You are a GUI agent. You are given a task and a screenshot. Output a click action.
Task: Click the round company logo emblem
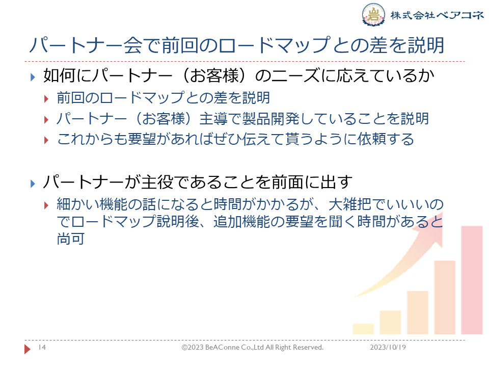pos(373,14)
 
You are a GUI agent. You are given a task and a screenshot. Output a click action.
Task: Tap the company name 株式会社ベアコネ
pos(437,15)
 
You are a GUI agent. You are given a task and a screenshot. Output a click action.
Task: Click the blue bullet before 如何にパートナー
pos(33,77)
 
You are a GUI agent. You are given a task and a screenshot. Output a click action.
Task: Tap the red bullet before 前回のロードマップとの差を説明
pos(46,99)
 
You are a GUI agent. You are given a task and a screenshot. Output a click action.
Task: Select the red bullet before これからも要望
pos(46,140)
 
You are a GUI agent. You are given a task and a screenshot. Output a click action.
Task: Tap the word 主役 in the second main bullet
pos(157,182)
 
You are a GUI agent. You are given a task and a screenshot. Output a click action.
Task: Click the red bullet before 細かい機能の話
pos(46,205)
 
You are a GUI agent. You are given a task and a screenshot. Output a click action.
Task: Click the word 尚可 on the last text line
pos(71,239)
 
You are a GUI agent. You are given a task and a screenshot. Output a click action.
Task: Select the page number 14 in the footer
pos(42,347)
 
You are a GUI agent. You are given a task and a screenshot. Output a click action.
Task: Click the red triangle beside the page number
pos(28,349)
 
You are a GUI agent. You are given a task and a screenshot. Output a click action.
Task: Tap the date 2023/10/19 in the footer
pos(388,347)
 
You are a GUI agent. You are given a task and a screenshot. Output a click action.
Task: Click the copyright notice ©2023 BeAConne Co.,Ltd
pos(253,347)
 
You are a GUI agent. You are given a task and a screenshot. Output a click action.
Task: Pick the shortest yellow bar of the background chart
pos(363,329)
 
